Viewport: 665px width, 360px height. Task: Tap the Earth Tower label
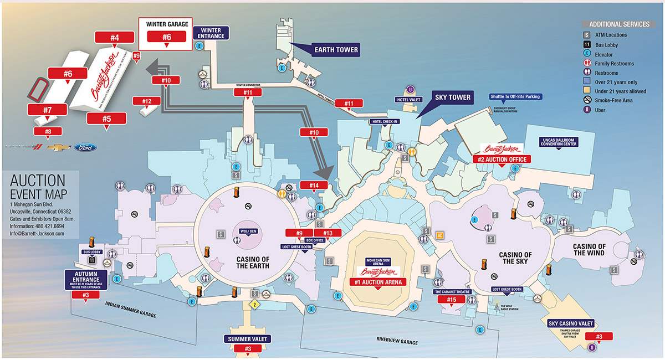(x=336, y=50)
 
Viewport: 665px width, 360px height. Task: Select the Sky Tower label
(x=453, y=97)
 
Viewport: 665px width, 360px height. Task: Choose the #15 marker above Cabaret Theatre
(x=452, y=300)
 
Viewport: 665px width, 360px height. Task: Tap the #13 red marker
(x=328, y=233)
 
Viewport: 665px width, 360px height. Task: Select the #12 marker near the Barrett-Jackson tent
(x=147, y=101)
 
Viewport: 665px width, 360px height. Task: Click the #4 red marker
(x=115, y=38)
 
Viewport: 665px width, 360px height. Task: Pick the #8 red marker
(x=48, y=132)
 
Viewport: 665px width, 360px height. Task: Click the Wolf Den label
(x=248, y=231)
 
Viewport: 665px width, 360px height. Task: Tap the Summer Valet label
(x=247, y=338)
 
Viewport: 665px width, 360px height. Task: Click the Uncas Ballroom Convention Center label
(x=559, y=142)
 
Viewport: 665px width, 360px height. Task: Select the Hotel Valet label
(x=409, y=100)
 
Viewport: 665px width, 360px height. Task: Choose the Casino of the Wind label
(x=589, y=250)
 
